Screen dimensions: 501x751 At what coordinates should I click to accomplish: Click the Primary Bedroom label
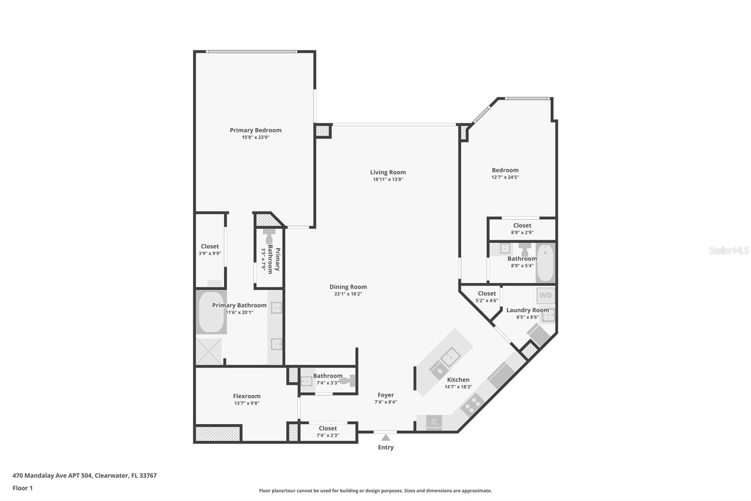(255, 130)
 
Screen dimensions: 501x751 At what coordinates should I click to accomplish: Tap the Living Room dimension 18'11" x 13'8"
(388, 179)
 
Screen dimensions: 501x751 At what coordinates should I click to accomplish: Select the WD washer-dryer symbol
(545, 295)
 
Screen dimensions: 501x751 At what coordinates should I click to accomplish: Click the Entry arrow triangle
(385, 438)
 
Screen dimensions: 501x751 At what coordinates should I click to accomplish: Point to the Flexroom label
(246, 396)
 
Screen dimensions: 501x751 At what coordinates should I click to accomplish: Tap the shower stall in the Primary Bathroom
(209, 351)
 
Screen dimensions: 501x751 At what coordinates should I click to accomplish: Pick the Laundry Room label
(527, 310)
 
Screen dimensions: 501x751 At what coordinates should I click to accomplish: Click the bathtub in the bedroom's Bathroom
(545, 263)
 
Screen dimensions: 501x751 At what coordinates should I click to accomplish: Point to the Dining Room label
(348, 287)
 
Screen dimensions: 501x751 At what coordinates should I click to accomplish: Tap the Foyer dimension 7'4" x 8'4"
(385, 402)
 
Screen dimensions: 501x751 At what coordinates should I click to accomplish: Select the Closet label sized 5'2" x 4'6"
(487, 293)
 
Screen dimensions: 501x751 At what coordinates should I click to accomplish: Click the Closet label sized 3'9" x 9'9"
(210, 246)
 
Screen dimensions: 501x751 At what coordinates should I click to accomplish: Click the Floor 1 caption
(23, 488)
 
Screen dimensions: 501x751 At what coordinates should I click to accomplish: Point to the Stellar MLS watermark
(728, 250)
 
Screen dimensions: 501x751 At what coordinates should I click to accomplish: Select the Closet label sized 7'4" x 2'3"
(328, 428)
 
